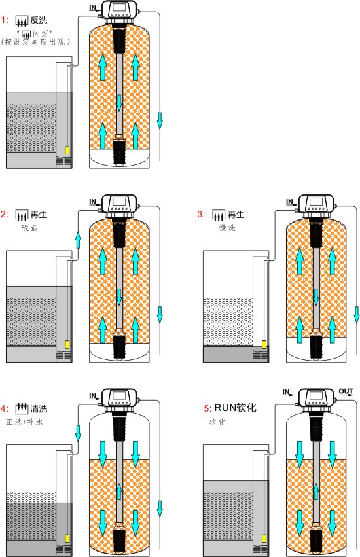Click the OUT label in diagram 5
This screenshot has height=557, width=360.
346,391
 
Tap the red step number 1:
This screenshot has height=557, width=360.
5,20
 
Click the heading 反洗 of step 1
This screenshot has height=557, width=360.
39,20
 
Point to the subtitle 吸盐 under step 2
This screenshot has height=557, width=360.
29,227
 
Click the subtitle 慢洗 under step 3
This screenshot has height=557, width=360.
227,227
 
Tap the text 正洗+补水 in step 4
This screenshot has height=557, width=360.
24,422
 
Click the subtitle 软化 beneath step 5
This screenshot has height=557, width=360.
217,422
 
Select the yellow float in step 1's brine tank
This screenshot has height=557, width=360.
67,151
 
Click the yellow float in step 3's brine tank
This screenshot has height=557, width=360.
264,344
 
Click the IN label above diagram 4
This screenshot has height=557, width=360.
94,396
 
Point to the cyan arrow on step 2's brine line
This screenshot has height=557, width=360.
78,240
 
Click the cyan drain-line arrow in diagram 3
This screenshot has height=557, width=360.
357,314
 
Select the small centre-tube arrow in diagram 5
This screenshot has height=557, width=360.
315,492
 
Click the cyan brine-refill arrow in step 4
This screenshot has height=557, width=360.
78,433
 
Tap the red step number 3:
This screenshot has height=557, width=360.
202,214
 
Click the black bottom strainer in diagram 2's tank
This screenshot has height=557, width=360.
119,346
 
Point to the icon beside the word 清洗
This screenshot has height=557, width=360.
22,408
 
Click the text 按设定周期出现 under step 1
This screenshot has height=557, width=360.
35,42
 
